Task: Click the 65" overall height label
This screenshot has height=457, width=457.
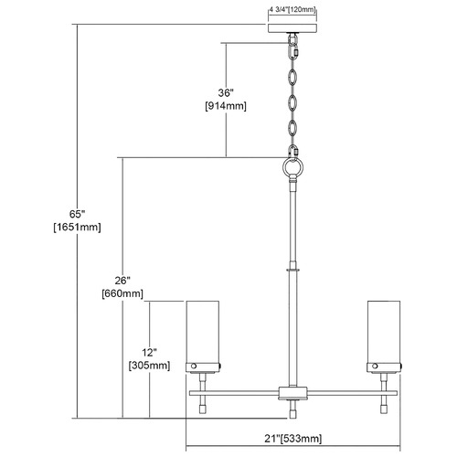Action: [x=77, y=214]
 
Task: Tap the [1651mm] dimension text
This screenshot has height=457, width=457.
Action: [x=77, y=228]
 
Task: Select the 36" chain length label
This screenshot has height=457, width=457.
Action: [x=226, y=92]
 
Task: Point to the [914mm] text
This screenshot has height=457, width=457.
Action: [x=226, y=106]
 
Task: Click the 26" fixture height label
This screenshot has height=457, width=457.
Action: [x=122, y=281]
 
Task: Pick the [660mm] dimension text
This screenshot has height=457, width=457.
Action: [x=122, y=293]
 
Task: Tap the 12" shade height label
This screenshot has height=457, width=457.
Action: [x=149, y=353]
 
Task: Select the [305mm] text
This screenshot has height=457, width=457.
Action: [x=149, y=366]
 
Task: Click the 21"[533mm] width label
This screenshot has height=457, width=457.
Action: [x=292, y=439]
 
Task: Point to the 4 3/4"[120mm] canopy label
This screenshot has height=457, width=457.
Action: [x=292, y=9]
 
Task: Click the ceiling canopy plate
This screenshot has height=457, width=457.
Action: [x=292, y=28]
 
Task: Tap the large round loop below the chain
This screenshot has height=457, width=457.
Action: [x=292, y=167]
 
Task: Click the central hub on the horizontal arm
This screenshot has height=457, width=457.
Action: [x=292, y=393]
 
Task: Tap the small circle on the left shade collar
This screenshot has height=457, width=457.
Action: [x=194, y=366]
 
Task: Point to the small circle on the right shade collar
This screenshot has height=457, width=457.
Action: [x=375, y=366]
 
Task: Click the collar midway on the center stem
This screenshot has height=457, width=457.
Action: [x=292, y=270]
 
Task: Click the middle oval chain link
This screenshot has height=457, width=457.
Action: [x=292, y=102]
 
